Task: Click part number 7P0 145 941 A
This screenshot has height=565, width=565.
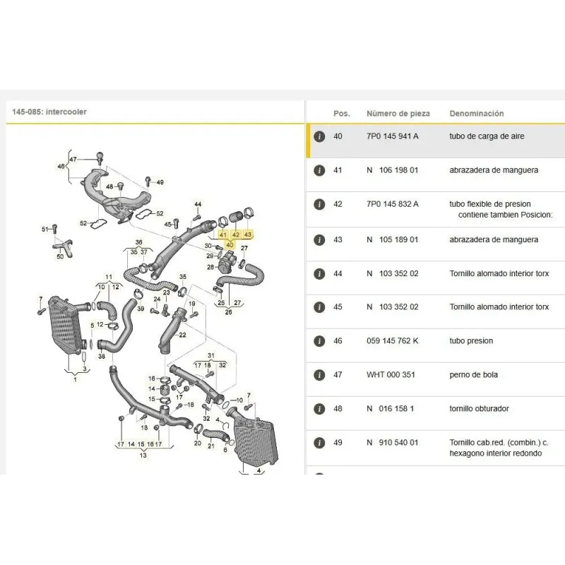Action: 393,136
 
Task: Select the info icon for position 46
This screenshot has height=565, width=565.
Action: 319,341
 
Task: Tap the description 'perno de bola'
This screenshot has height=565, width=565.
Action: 473,375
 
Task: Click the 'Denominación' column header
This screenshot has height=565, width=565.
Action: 476,114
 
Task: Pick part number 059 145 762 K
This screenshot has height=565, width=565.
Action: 393,341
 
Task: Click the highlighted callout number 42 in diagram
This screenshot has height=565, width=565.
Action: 236,234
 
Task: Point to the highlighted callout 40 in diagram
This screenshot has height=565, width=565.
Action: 230,245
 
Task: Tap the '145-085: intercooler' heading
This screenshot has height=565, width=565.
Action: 49,112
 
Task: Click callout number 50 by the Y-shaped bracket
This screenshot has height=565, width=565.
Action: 60,256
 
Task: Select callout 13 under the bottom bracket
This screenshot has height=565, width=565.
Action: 143,455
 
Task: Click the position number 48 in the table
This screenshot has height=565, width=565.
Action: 338,409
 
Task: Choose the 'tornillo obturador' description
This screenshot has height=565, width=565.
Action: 479,409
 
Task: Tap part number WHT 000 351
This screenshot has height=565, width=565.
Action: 391,375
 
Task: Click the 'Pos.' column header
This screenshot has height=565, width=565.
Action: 342,114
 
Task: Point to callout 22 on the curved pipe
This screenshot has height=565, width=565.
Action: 183,335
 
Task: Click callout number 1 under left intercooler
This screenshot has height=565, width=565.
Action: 75,379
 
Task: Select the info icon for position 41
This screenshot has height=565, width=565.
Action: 319,170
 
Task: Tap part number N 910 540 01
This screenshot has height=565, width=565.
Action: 393,443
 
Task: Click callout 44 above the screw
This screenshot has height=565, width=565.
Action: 198,204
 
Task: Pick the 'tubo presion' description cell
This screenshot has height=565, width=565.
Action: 471,341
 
